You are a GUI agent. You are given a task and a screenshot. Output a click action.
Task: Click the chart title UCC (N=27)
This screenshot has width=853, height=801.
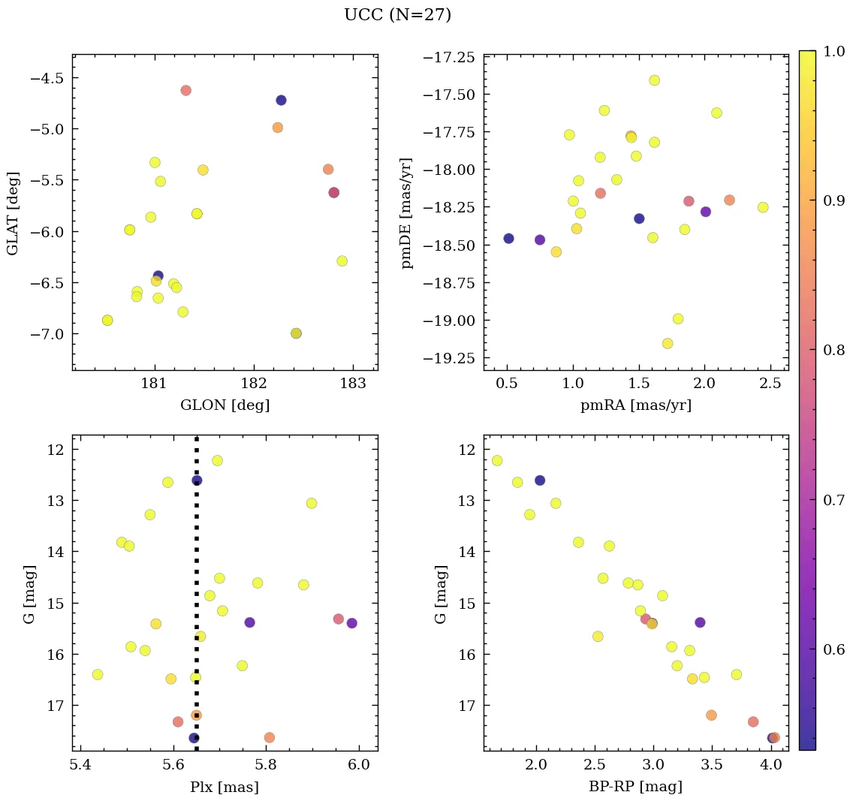pos(397,15)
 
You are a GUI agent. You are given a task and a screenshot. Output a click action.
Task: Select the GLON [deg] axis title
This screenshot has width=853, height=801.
pos(225,405)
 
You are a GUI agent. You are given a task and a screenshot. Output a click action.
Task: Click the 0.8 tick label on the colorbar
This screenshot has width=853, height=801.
pos(830,351)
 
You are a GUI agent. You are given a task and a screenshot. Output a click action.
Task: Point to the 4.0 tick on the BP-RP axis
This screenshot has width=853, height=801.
pos(770,765)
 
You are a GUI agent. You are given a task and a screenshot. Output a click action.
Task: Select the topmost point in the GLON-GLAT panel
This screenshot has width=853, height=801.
pos(185,90)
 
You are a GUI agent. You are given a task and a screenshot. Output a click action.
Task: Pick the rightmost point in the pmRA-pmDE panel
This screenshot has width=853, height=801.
pos(763,207)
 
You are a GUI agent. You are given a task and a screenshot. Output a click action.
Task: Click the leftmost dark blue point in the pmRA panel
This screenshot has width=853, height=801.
pos(508,238)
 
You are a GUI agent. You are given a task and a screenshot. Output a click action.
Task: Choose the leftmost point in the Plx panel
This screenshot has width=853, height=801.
pos(98,674)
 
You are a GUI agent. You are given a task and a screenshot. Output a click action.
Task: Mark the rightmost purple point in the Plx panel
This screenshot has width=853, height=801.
pos(351,623)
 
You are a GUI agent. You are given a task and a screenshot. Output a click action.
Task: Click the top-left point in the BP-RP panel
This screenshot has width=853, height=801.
pos(497,460)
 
